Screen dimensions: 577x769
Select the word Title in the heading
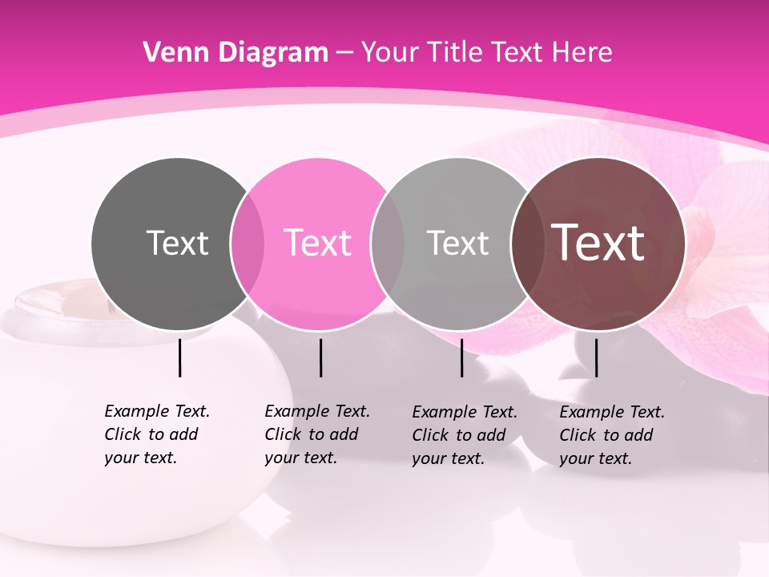click(x=455, y=53)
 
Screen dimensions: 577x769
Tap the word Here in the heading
click(x=582, y=53)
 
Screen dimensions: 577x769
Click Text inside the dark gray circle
click(x=177, y=243)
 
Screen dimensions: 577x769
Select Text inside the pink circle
click(x=318, y=243)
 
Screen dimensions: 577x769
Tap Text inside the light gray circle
click(x=457, y=243)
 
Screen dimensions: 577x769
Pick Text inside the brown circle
click(x=598, y=243)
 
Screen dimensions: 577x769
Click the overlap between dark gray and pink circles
click(x=248, y=244)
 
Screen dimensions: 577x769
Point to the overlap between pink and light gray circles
click(x=388, y=244)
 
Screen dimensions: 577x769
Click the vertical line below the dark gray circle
click(x=179, y=357)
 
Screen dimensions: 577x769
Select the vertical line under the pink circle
click(x=320, y=357)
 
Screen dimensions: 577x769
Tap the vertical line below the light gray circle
click(x=461, y=357)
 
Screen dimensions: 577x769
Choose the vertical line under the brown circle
click(x=596, y=357)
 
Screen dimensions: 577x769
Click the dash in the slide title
click(x=344, y=54)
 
